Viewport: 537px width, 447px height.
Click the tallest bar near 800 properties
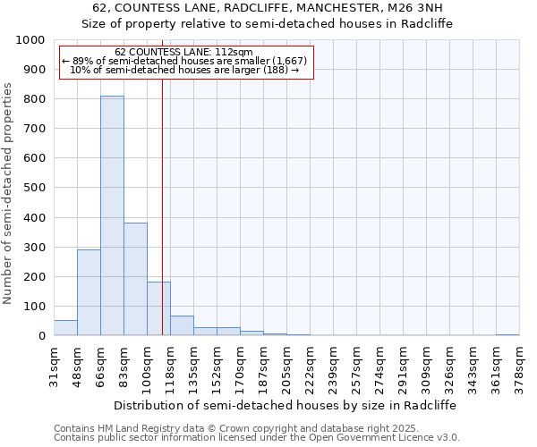(112, 215)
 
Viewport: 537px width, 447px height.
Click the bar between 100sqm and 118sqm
(158, 308)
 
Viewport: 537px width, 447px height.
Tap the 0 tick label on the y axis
(41, 336)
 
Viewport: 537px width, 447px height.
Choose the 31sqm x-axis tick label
(55, 363)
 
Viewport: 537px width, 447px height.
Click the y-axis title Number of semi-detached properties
(9, 193)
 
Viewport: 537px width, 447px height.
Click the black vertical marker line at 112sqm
(162, 223)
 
